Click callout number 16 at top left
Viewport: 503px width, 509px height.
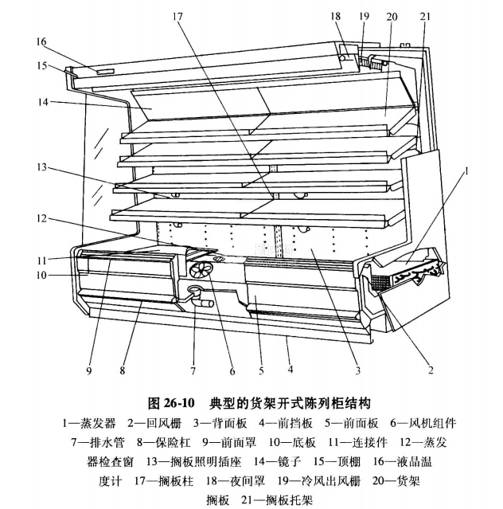[x=41, y=41]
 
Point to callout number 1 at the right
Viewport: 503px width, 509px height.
[x=467, y=170]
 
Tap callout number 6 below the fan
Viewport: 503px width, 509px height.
[x=232, y=370]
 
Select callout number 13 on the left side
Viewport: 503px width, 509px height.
[x=41, y=168]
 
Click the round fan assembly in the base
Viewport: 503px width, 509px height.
[x=202, y=268]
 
